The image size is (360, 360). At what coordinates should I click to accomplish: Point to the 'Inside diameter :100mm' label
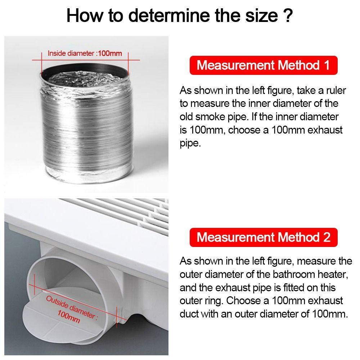point(85,54)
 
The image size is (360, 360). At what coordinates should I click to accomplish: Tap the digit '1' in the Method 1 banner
point(326,66)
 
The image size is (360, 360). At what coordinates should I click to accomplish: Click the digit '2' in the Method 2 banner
point(326,237)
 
